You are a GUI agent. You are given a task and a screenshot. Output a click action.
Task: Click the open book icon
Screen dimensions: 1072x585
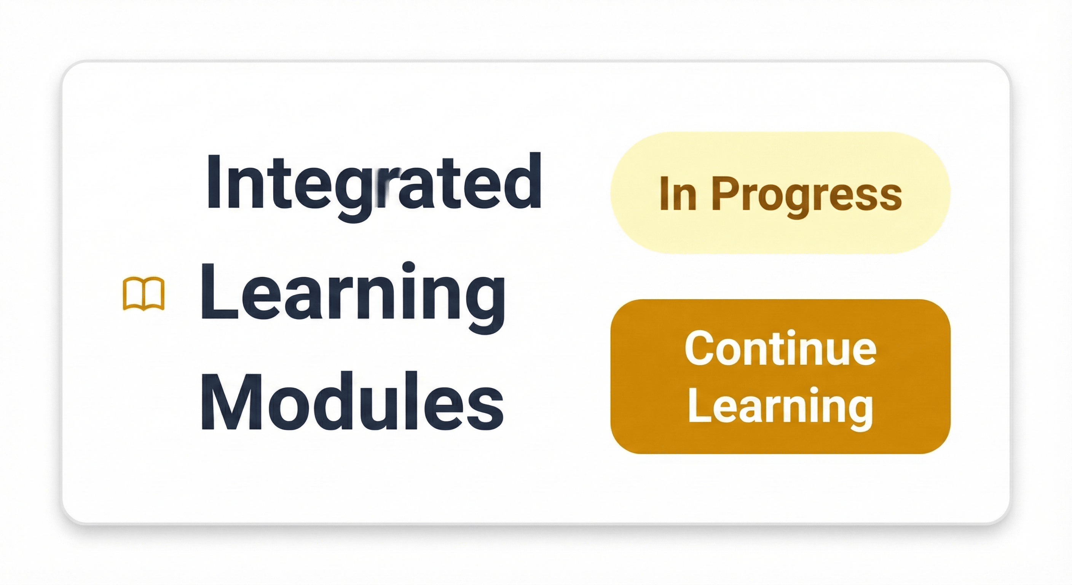click(144, 294)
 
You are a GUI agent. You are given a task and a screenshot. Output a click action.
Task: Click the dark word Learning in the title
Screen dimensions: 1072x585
click(353, 298)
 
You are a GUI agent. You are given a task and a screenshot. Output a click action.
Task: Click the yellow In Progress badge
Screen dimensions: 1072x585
click(780, 193)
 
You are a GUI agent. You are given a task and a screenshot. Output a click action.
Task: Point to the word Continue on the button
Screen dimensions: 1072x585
click(781, 348)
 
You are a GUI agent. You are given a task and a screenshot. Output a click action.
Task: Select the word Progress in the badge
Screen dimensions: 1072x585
click(807, 196)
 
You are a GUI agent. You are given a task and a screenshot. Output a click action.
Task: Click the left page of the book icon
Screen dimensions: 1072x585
click(133, 294)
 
